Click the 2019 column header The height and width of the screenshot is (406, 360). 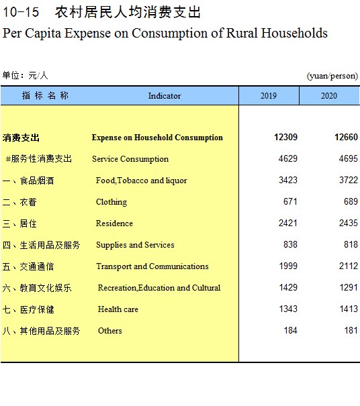coord(269,96)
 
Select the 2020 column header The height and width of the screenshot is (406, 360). coord(329,96)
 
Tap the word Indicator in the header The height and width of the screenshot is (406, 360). coord(165,96)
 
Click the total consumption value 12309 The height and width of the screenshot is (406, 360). coord(285,137)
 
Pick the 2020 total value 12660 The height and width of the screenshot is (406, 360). coord(346,137)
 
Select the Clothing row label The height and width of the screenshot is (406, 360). coord(111,202)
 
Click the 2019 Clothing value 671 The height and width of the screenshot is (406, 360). coord(290,201)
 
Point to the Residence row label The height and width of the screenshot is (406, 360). coord(114,223)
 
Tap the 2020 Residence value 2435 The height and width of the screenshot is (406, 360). coord(349,223)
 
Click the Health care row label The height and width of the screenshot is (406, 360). coord(118,309)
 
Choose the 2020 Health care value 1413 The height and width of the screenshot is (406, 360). coord(349,309)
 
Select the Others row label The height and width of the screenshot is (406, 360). coord(110,331)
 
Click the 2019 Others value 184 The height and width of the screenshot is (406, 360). coord(290,330)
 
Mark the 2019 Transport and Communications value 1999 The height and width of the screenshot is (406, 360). coord(288,266)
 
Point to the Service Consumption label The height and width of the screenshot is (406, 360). coord(130,159)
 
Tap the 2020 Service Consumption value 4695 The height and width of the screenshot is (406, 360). coord(349,158)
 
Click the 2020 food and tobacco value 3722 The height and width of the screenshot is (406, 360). coord(349,180)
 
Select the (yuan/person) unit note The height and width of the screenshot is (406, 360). coord(332,76)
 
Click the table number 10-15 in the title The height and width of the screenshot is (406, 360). coord(21,12)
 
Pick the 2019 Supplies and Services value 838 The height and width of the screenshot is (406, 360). coord(290,244)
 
